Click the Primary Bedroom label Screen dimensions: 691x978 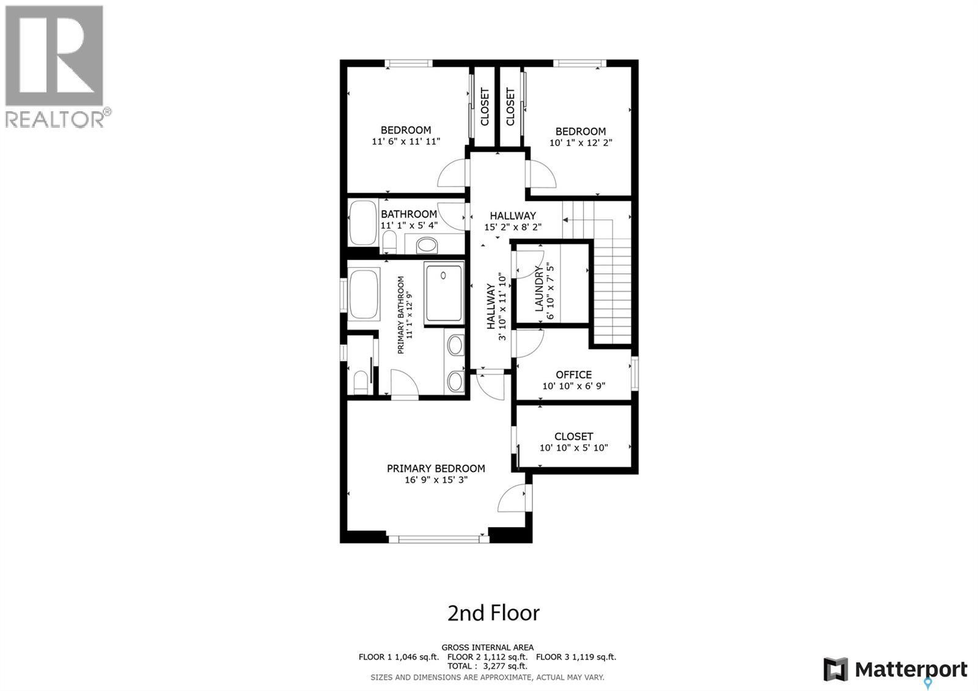pos(436,468)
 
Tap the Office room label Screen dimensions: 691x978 pos(573,374)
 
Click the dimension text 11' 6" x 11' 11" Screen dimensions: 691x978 pos(406,141)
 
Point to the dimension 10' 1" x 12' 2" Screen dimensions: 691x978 pos(581,142)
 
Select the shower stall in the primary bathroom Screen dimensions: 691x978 pos(444,292)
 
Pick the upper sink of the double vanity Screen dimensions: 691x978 pos(455,345)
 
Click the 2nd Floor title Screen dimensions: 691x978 pos(493,613)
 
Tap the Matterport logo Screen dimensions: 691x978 pos(895,670)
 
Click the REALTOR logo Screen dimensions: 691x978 pos(55,66)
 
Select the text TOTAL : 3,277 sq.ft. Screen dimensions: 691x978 pos(487,666)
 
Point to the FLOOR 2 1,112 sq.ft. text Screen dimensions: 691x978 pos(487,657)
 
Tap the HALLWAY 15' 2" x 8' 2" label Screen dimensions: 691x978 pos(513,221)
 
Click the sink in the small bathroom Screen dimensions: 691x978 pos(427,246)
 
